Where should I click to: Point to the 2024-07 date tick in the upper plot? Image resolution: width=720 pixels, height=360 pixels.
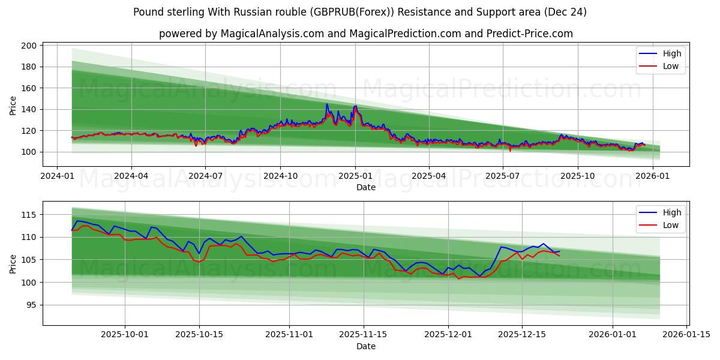205,176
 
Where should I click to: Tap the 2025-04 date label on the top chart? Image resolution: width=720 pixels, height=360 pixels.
429,176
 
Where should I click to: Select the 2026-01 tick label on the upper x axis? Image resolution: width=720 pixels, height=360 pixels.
652,176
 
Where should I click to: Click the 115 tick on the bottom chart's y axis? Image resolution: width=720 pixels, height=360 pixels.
30,215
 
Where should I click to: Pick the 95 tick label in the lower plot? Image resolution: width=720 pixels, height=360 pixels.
32,305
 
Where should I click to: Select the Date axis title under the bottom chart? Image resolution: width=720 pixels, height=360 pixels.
366,346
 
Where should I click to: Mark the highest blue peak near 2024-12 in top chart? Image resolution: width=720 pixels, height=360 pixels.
327,104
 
